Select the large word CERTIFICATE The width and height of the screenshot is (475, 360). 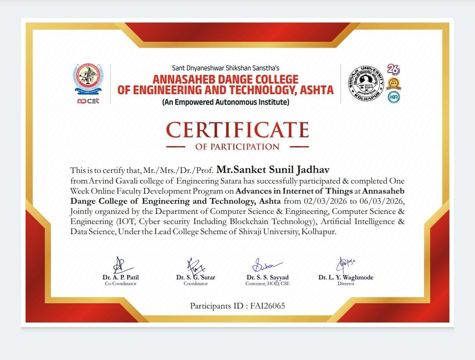(x=237, y=130)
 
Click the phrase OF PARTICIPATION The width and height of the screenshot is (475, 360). (x=237, y=147)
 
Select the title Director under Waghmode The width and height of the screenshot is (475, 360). (x=346, y=284)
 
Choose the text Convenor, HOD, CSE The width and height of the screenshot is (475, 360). (x=267, y=284)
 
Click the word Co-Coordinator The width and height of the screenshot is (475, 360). (x=121, y=284)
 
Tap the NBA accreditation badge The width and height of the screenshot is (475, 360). (x=394, y=97)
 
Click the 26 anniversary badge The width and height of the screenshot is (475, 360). (x=393, y=69)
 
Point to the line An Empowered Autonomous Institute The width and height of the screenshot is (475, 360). (x=226, y=102)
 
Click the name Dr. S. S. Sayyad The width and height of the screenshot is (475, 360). (x=267, y=277)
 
